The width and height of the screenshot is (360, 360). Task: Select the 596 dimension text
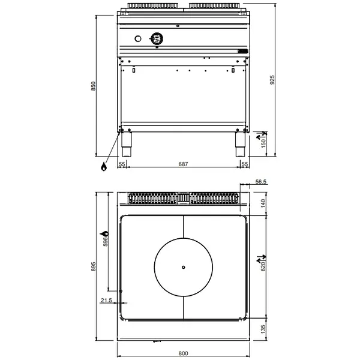(x=106, y=241)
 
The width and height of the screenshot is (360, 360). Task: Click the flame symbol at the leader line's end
(x=104, y=166)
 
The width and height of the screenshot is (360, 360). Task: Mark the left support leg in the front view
(x=127, y=142)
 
